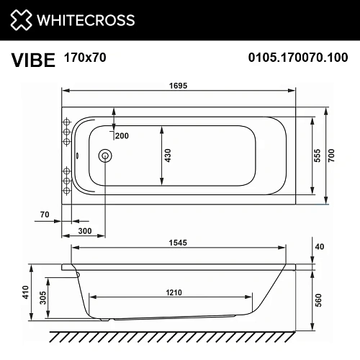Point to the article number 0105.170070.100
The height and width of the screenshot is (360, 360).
pos(297,58)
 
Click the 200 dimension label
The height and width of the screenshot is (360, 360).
pos(122,136)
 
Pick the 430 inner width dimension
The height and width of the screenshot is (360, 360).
pos(168,155)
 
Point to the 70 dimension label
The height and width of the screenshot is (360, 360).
pos(45,215)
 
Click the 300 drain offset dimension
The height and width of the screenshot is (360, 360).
pos(84,231)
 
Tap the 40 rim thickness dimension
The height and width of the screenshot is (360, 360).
pos(320,248)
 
